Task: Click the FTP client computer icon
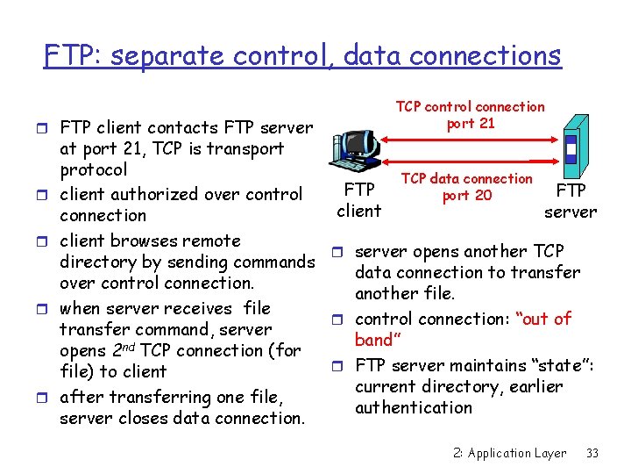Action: click(x=354, y=149)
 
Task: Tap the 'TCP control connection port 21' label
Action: click(x=470, y=115)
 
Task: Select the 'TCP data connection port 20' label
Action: click(x=466, y=187)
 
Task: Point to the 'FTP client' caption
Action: click(x=359, y=200)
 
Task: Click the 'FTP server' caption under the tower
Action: click(x=571, y=201)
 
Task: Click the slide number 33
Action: click(x=592, y=453)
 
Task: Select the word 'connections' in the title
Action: click(x=495, y=56)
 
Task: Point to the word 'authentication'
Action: click(x=414, y=407)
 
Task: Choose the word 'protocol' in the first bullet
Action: click(x=93, y=169)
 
